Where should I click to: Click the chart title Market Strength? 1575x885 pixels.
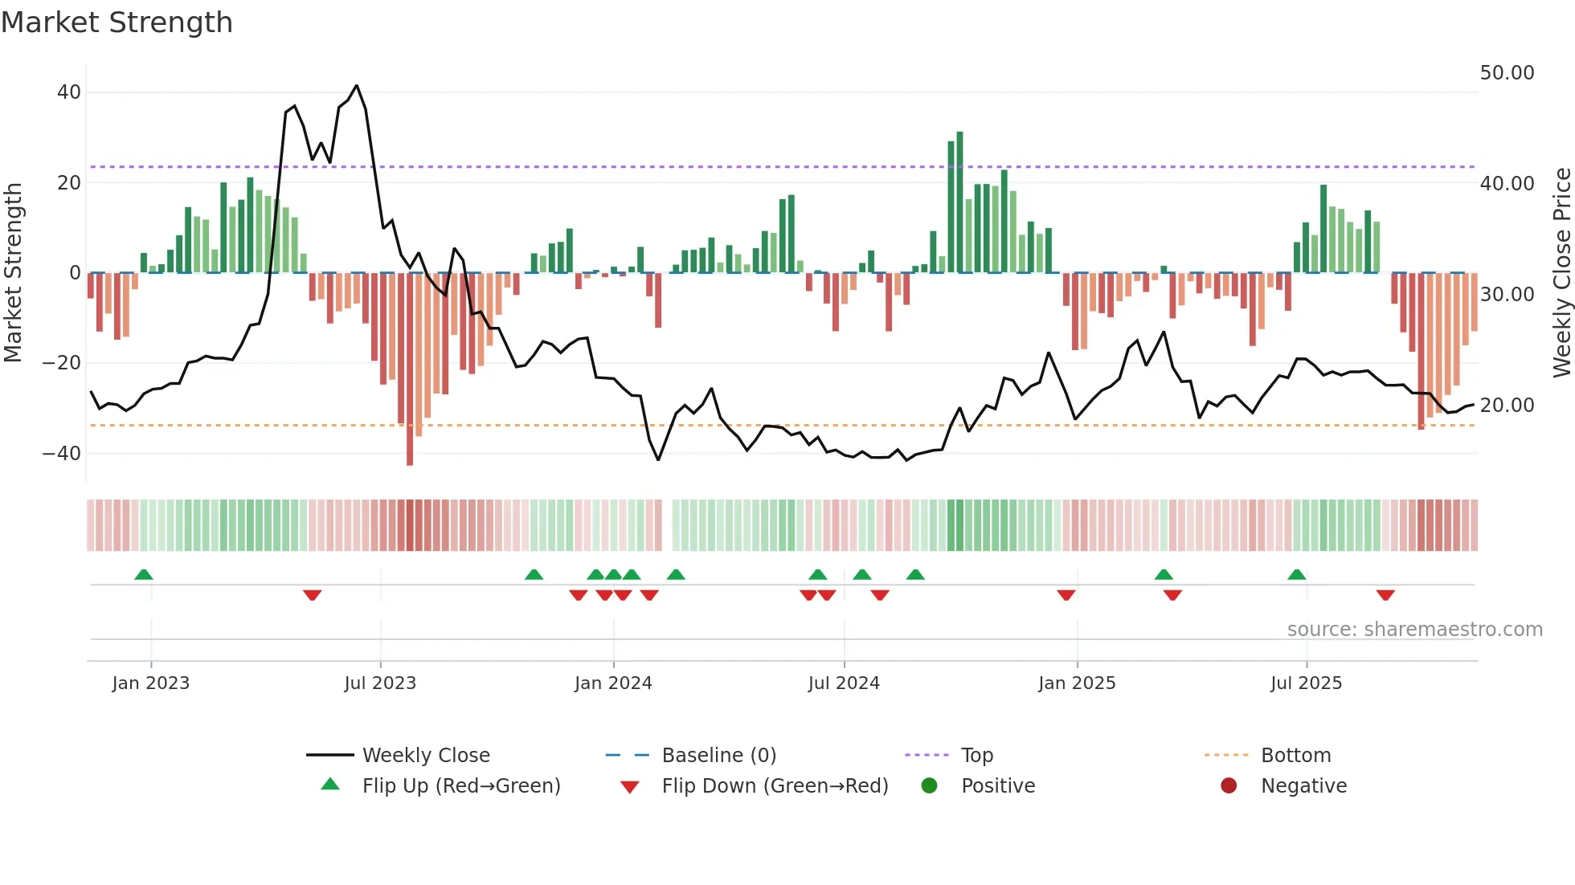click(x=117, y=22)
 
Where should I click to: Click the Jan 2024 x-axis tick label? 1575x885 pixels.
click(x=613, y=683)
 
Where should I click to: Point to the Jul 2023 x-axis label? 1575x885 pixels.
click(x=380, y=683)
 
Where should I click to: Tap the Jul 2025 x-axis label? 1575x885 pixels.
click(x=1306, y=683)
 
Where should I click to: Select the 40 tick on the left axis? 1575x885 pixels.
click(x=69, y=92)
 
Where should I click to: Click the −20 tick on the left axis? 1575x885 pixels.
click(x=62, y=363)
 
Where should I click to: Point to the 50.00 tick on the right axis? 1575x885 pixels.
click(x=1507, y=73)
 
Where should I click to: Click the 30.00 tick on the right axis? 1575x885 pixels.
click(x=1507, y=295)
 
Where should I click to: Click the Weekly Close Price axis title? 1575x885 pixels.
click(x=1561, y=273)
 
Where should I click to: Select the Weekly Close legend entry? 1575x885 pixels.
click(x=425, y=756)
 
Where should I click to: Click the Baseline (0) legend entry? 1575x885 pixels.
click(x=718, y=756)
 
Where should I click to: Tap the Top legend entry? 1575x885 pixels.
click(x=976, y=756)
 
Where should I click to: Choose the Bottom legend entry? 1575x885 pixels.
click(x=1295, y=756)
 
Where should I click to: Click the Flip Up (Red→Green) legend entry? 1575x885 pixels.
click(x=460, y=786)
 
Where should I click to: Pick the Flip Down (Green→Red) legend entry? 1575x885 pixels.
click(x=774, y=786)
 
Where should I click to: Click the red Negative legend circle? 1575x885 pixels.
click(x=1229, y=786)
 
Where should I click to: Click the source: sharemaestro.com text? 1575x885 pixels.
click(x=1414, y=630)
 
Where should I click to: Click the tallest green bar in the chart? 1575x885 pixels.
click(x=959, y=201)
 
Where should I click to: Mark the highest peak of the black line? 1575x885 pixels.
click(x=356, y=86)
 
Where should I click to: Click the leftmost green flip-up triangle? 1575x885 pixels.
click(x=144, y=574)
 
